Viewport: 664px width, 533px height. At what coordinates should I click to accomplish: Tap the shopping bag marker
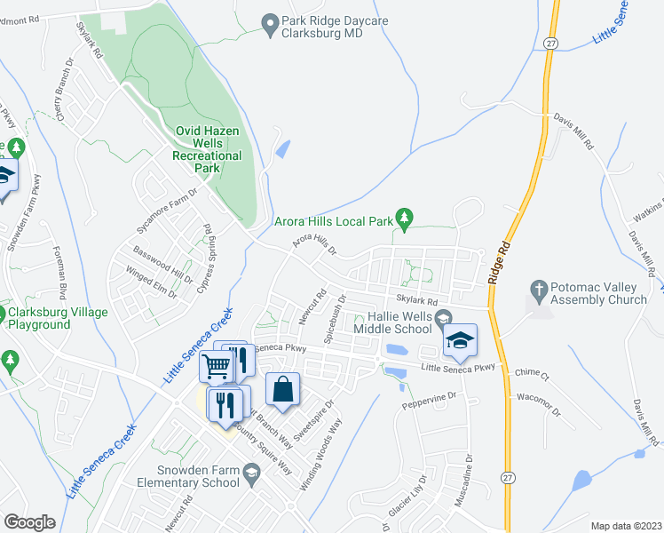click(x=282, y=390)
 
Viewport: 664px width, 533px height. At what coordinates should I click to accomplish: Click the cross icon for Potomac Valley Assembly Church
click(x=537, y=290)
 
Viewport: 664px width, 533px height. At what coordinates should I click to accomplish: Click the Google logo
click(x=30, y=522)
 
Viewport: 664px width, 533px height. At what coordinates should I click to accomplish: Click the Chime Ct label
click(x=532, y=374)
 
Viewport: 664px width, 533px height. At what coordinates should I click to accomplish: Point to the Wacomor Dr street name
click(x=538, y=404)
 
